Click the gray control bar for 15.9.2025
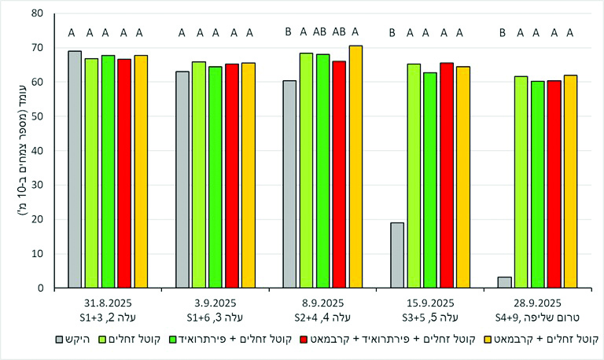coord(397,255)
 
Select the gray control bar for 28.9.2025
coord(505,282)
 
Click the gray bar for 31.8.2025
coord(75,170)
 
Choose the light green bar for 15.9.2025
coord(414,176)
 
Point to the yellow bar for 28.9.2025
coord(570,182)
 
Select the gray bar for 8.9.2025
coord(289,184)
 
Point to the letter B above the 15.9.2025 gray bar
coord(392,32)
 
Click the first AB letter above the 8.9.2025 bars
coord(321,32)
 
